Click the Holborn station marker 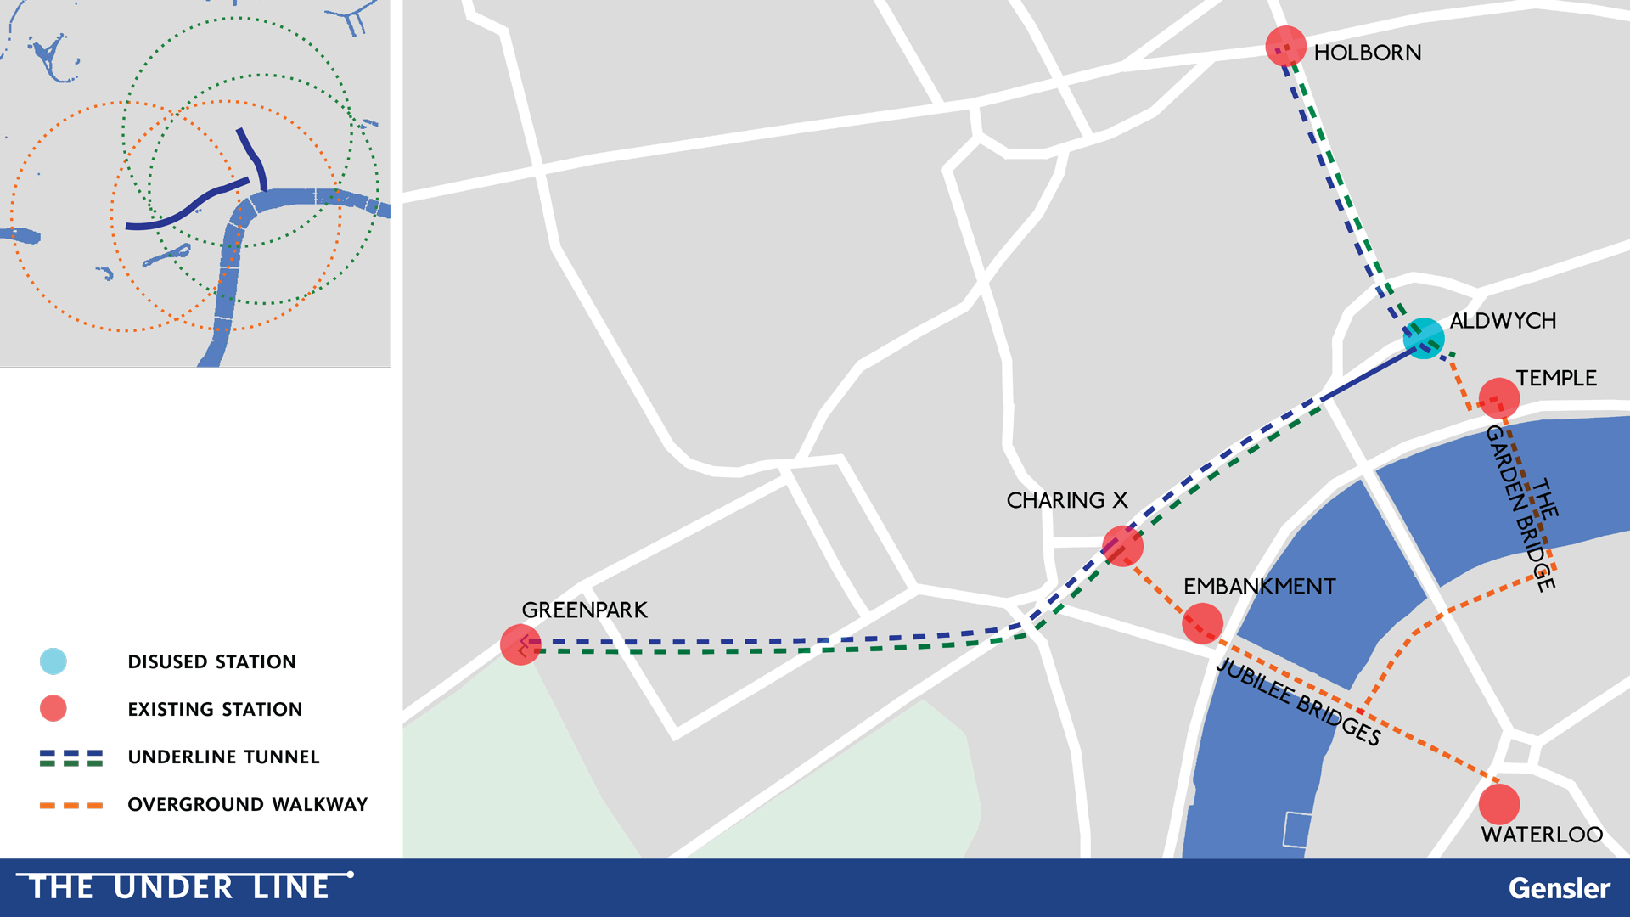tap(1285, 46)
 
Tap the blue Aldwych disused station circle tap(1424, 338)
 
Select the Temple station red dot tap(1498, 397)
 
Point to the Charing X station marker tap(1122, 545)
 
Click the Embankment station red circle tap(1202, 623)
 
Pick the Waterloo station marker tap(1498, 803)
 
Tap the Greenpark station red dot tap(520, 644)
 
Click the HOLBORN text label tap(1367, 53)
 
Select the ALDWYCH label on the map tap(1503, 321)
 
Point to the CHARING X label tap(1066, 501)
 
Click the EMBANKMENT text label tap(1259, 587)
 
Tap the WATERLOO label tap(1542, 835)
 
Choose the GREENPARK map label tap(584, 610)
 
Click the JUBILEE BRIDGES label tap(1298, 701)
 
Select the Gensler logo tap(1559, 888)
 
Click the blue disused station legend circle tap(53, 661)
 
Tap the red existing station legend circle tap(53, 708)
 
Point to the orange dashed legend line tap(71, 805)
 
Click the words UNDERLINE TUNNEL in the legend tap(223, 757)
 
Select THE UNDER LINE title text tap(179, 887)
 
